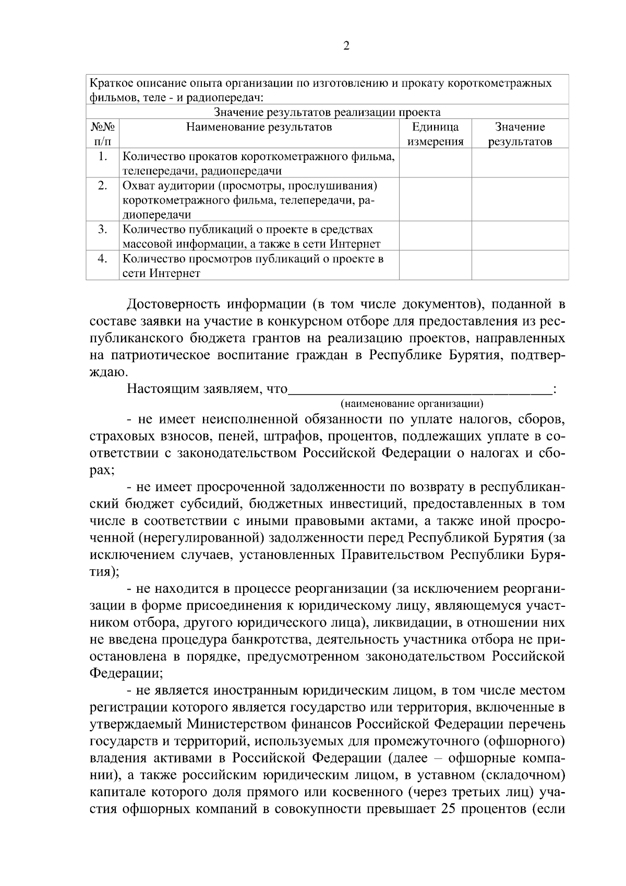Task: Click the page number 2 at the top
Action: [x=346, y=46]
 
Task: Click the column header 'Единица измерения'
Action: [x=435, y=134]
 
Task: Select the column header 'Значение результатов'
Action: [x=520, y=134]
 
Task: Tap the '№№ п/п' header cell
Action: [x=102, y=134]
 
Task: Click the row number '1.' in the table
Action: [x=103, y=157]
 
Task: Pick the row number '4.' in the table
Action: [x=103, y=259]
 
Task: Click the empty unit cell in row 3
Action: [x=435, y=236]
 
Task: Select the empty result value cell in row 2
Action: [x=520, y=199]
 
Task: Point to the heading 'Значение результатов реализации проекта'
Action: [x=327, y=112]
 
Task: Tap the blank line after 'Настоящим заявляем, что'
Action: [x=419, y=389]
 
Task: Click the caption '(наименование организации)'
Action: [x=412, y=403]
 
